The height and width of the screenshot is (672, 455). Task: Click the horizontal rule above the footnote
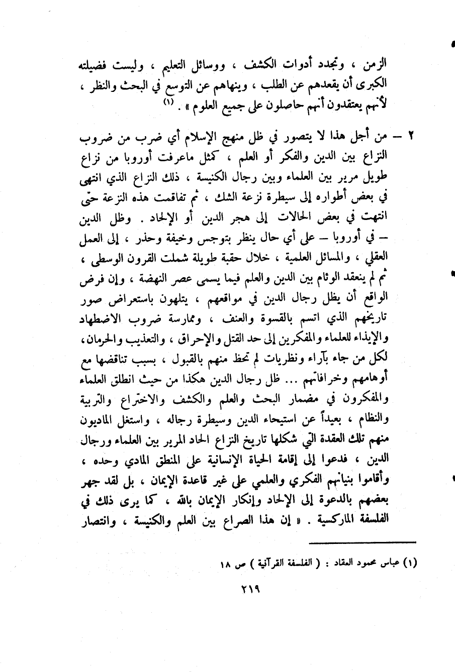point(362,541)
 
